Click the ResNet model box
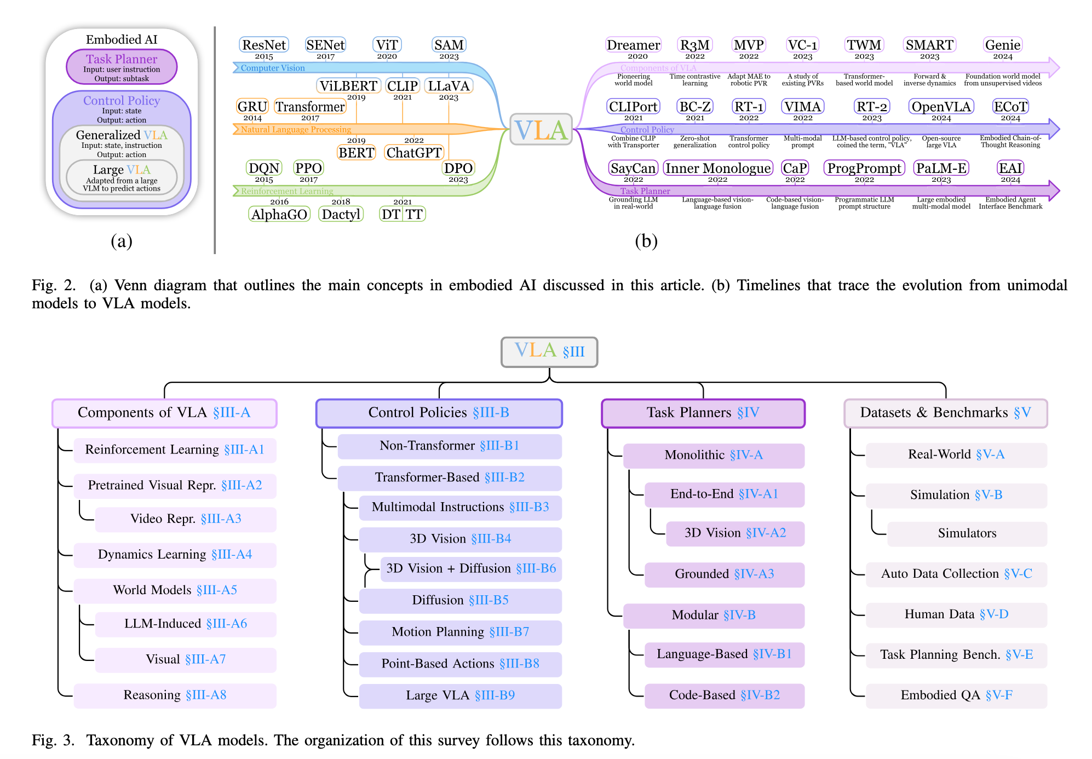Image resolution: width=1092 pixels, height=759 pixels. pyautogui.click(x=264, y=45)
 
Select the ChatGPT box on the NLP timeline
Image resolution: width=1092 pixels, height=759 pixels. pyautogui.click(x=414, y=153)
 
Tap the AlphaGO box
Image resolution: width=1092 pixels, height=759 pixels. pyautogui.click(x=279, y=214)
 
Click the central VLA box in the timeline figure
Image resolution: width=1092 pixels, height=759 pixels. pyautogui.click(x=541, y=130)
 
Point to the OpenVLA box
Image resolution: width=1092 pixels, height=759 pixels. pyautogui.click(x=941, y=106)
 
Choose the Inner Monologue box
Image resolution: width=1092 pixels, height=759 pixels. pyautogui.click(x=717, y=168)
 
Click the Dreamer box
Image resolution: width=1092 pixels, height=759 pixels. pyautogui.click(x=634, y=45)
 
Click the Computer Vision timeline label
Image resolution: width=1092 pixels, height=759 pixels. pyautogui.click(x=273, y=68)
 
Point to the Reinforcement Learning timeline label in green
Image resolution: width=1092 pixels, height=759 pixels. pyautogui.click(x=287, y=191)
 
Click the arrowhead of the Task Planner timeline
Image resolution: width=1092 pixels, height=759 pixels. pyautogui.click(x=1054, y=191)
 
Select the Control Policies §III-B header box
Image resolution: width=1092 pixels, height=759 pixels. pyautogui.click(x=439, y=413)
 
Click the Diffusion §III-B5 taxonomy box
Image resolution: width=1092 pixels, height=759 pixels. pyautogui.click(x=461, y=601)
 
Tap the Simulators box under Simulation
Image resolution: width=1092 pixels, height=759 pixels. pyautogui.click(x=967, y=533)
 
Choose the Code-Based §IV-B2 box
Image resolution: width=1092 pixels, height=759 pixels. pyautogui.click(x=725, y=695)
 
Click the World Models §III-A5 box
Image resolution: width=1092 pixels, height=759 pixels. pyautogui.click(x=175, y=590)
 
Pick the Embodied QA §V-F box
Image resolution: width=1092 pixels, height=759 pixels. pyautogui.click(x=956, y=695)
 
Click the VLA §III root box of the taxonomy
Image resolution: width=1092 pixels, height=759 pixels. pyautogui.click(x=549, y=352)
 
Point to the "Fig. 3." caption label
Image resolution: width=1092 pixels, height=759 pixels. pyautogui.click(x=53, y=740)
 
